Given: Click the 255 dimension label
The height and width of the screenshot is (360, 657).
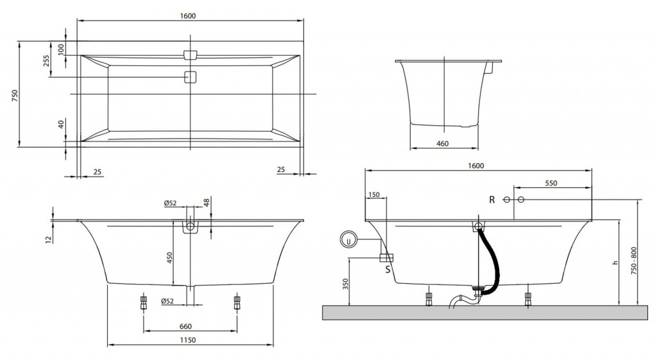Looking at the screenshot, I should tap(46, 61).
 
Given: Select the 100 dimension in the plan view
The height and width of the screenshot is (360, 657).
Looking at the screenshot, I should tap(62, 49).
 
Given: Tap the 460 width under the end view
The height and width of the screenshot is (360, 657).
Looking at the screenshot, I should tap(442, 144).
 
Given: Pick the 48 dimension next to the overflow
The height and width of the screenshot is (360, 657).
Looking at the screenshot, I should tap(207, 203).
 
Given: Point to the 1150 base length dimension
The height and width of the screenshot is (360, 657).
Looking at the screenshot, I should tap(187, 339).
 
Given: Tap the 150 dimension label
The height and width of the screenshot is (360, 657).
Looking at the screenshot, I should tap(375, 194).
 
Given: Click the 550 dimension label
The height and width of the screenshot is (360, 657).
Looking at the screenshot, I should tap(550, 184).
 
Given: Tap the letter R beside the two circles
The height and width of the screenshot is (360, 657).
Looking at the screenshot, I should tap(492, 200).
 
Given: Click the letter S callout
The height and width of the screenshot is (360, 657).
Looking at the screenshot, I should tap(388, 269).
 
